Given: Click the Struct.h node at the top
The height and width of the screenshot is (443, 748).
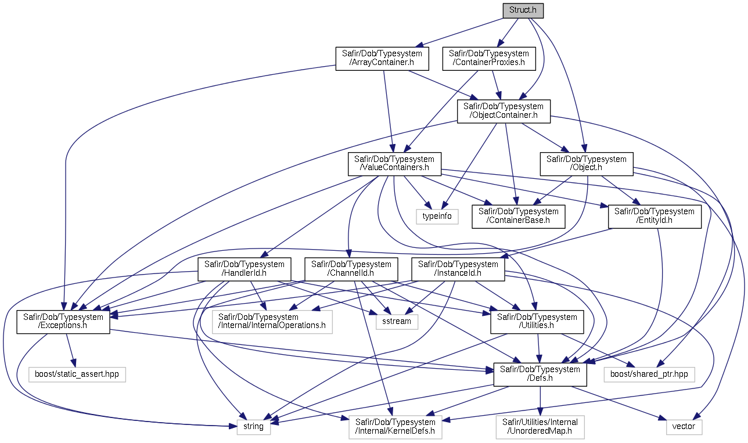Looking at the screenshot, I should point(524,10).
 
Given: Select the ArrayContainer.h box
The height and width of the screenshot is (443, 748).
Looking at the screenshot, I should point(382,58).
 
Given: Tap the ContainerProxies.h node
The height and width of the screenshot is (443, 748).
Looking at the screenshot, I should point(489,58).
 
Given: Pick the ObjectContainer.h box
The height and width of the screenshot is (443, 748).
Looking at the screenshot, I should point(504,111).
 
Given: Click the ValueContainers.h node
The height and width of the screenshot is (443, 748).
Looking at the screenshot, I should point(394,164).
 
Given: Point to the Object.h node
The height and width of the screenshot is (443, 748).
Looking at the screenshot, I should point(587,164).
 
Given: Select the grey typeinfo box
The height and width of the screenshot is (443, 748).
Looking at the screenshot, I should point(437,217).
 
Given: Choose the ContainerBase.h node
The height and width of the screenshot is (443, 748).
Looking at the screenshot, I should point(519,217).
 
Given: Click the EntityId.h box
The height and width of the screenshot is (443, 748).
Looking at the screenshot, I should point(654,217).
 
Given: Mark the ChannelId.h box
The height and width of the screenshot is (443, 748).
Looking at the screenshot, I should point(351,269).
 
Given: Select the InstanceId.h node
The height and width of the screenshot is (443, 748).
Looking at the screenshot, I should point(458,269).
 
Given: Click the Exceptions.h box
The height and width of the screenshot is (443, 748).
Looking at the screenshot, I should point(63,322).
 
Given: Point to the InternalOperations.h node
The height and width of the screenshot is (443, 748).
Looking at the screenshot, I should point(272,322).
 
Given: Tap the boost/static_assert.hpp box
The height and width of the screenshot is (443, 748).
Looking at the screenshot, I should point(77,374).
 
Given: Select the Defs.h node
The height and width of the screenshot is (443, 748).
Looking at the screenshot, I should point(540,374).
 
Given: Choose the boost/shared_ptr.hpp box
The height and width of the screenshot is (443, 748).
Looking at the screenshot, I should point(649,374).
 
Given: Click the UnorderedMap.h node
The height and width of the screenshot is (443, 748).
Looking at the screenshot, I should point(540,427).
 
